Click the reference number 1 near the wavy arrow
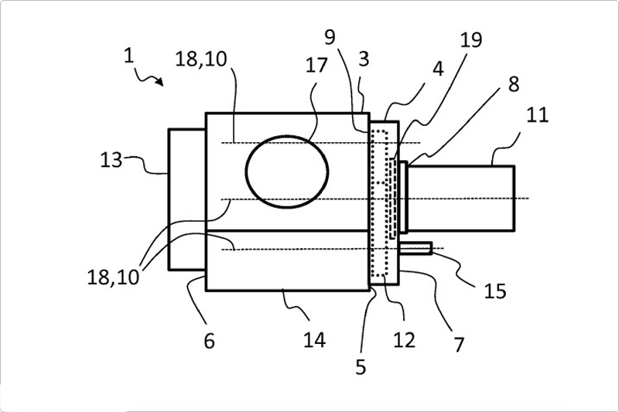(x=128, y=56)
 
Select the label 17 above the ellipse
(x=316, y=65)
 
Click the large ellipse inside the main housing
(x=287, y=172)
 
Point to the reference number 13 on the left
(x=111, y=161)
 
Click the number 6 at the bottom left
(x=209, y=341)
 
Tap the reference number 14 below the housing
(x=314, y=340)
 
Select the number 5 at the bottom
(x=361, y=367)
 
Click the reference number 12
(x=404, y=340)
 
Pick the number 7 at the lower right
(x=458, y=345)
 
